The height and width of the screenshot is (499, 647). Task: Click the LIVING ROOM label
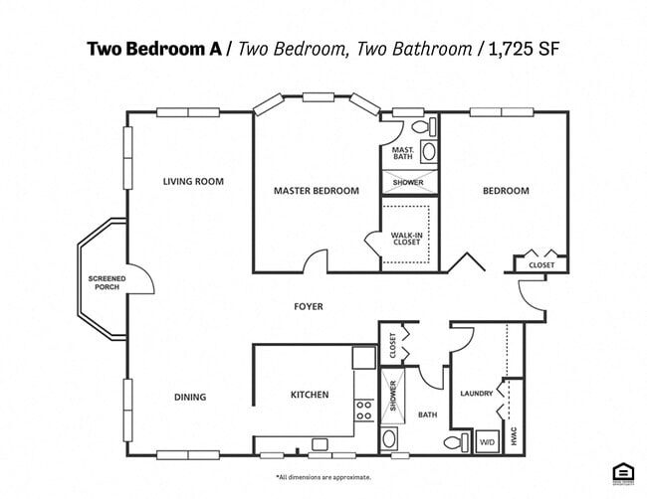(193, 182)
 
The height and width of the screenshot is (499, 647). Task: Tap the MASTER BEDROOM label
(316, 191)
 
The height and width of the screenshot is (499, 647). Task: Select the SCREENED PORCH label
(104, 282)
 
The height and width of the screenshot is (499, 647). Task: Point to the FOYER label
(308, 307)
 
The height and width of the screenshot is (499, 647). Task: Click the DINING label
(190, 398)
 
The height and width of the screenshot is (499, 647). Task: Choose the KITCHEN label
(309, 395)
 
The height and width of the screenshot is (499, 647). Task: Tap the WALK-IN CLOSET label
(407, 239)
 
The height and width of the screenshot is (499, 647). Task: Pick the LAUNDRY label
(476, 394)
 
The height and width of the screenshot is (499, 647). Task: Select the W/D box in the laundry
(488, 441)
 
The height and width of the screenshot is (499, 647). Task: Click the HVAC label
(514, 434)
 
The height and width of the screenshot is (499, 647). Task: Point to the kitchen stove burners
(364, 410)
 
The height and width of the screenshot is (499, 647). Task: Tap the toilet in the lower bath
(453, 441)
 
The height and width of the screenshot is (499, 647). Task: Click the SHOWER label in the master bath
(407, 183)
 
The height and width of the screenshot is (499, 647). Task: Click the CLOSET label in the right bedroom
(541, 265)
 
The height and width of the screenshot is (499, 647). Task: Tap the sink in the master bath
(429, 152)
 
